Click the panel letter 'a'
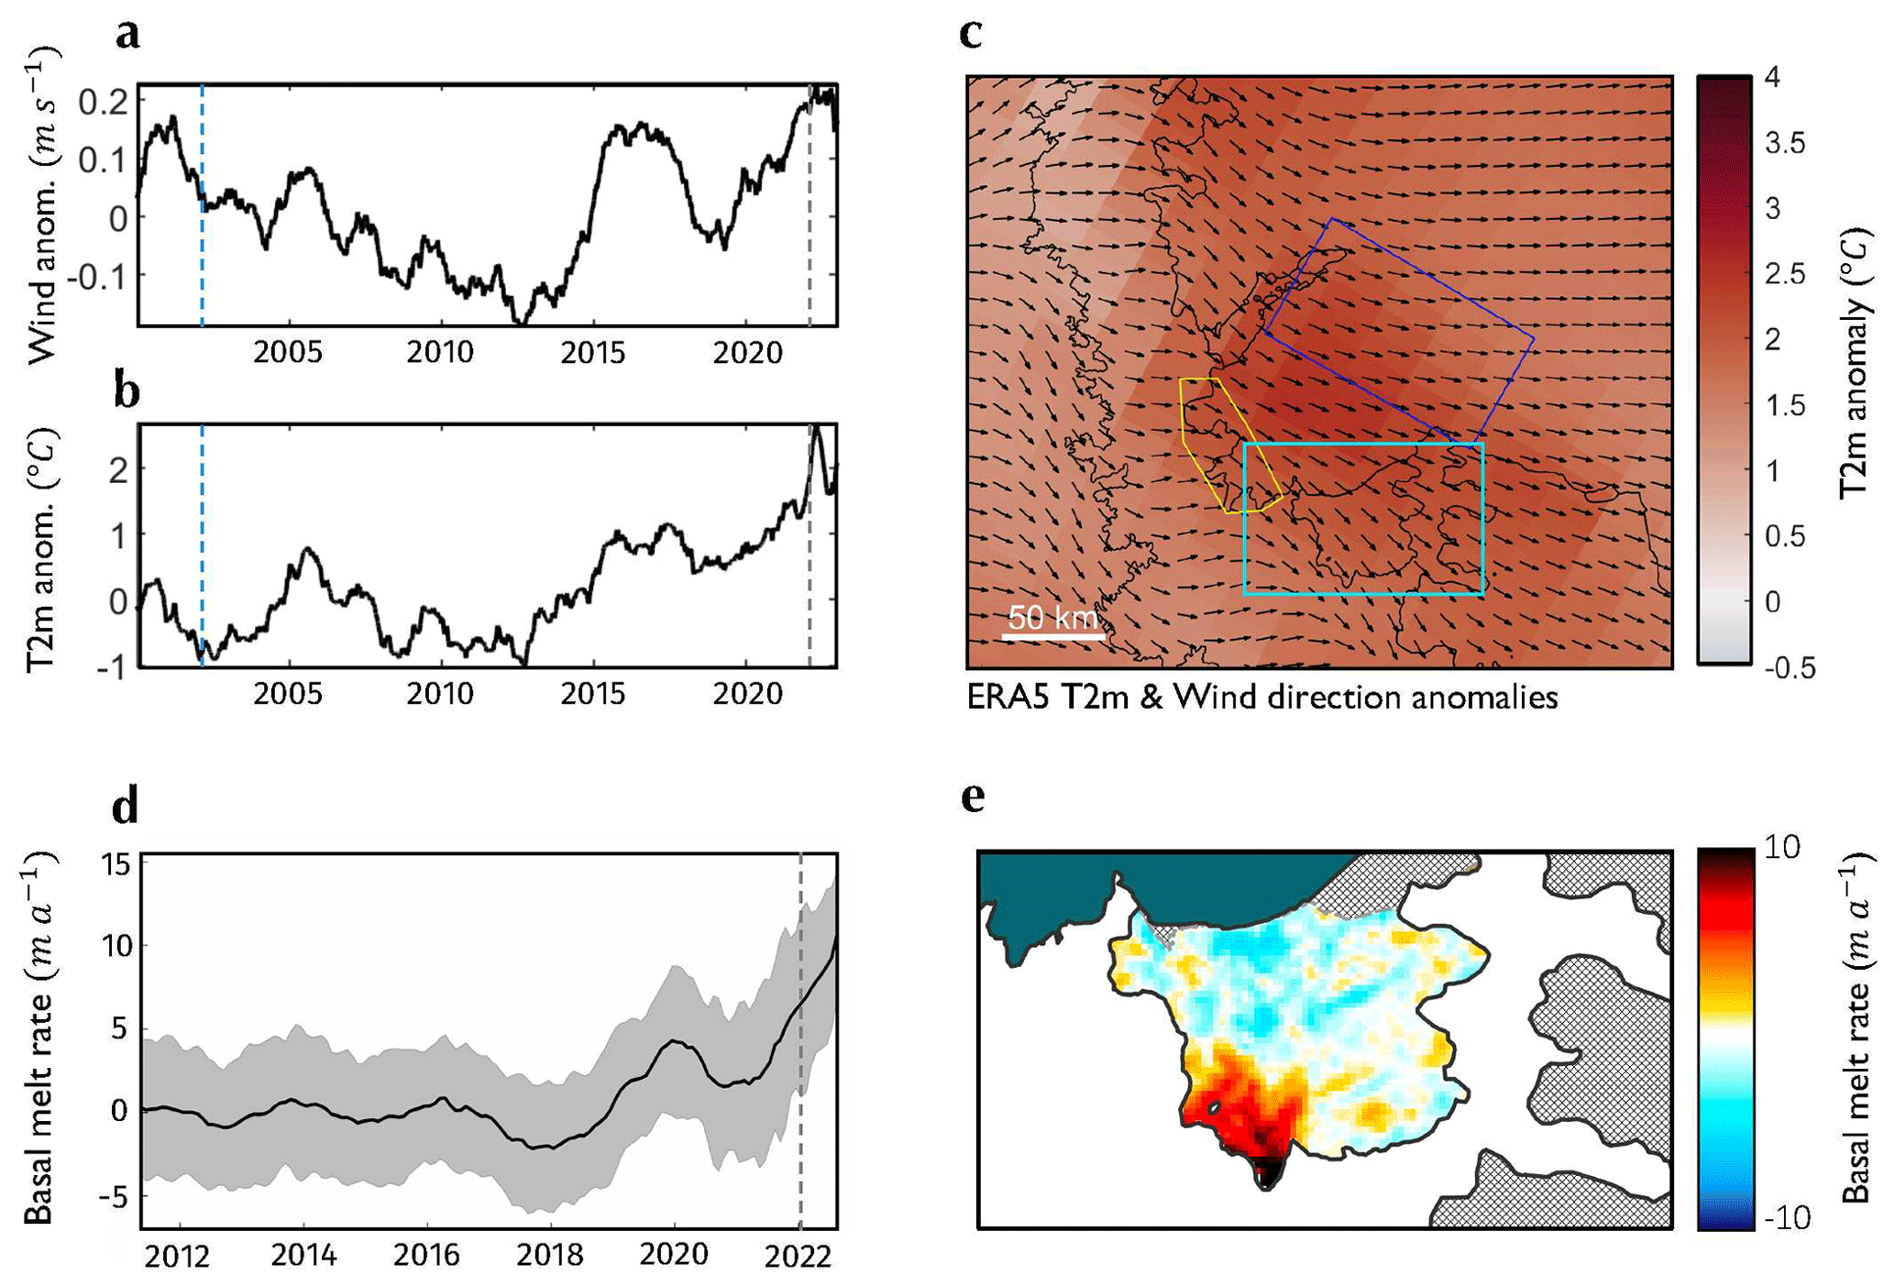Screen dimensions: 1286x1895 pyautogui.click(x=128, y=35)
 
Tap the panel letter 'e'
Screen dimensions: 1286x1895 pyautogui.click(x=973, y=798)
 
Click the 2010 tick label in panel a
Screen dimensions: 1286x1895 pyautogui.click(x=441, y=353)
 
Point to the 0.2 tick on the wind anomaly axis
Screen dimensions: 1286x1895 pyautogui.click(x=103, y=103)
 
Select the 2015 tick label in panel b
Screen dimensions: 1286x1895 pyautogui.click(x=593, y=694)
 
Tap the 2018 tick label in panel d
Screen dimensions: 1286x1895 pyautogui.click(x=549, y=1254)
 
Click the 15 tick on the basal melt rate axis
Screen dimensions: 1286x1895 pyautogui.click(x=119, y=864)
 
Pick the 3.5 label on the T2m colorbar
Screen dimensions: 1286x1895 pyautogui.click(x=1784, y=144)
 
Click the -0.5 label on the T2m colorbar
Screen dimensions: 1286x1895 pyautogui.click(x=1789, y=668)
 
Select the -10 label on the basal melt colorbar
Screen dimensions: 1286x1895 pyautogui.click(x=1786, y=1218)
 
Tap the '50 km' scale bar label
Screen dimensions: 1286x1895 pyautogui.click(x=1052, y=617)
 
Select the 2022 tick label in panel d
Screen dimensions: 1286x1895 pyautogui.click(x=799, y=1254)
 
